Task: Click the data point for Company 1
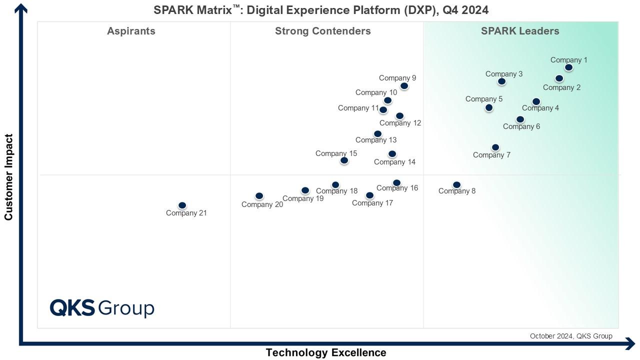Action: point(568,67)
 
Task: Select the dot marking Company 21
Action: point(182,205)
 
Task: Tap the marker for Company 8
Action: point(456,185)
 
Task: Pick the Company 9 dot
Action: point(404,86)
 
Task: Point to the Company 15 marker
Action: point(344,160)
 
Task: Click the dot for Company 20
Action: point(259,196)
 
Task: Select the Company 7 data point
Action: point(495,147)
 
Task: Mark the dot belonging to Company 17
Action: point(369,195)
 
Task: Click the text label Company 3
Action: point(504,74)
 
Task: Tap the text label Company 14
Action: point(394,162)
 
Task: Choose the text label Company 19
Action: point(303,198)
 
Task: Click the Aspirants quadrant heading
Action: point(131,31)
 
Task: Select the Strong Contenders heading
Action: point(323,31)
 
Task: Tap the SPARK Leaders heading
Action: point(520,31)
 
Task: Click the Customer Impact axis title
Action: point(8,177)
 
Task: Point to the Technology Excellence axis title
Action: point(326,352)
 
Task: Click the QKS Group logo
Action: point(102,308)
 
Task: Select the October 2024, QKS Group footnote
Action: point(571,336)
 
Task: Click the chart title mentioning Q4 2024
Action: point(321,10)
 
